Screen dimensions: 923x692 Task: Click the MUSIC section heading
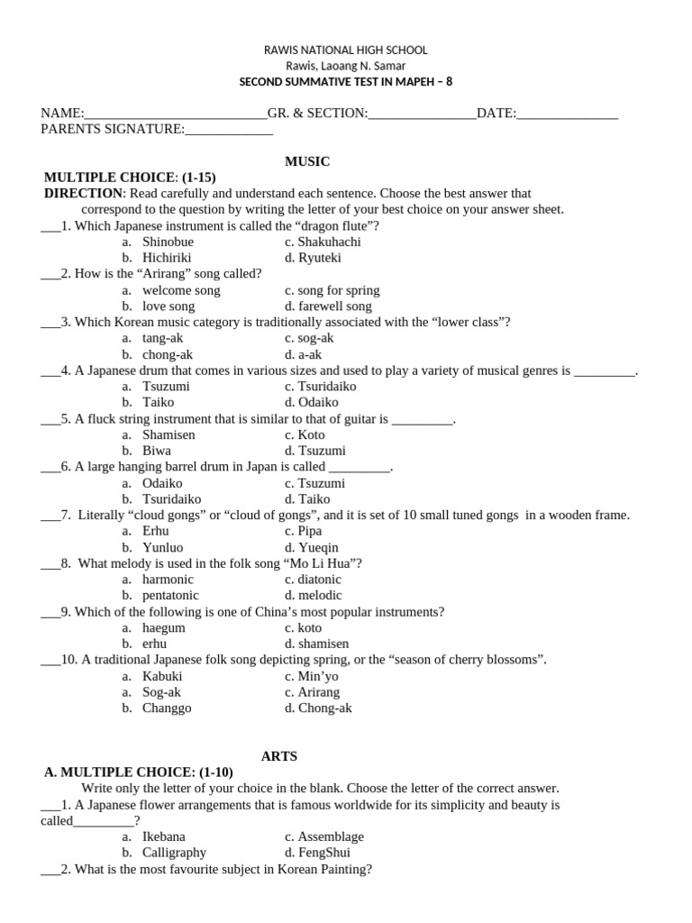pos(307,161)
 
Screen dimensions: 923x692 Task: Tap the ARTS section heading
pos(279,756)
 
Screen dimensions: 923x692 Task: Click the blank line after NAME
pos(176,114)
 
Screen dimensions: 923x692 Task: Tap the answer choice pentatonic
pos(170,596)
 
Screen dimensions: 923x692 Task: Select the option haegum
pos(163,628)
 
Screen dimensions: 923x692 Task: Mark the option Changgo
pos(167,708)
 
